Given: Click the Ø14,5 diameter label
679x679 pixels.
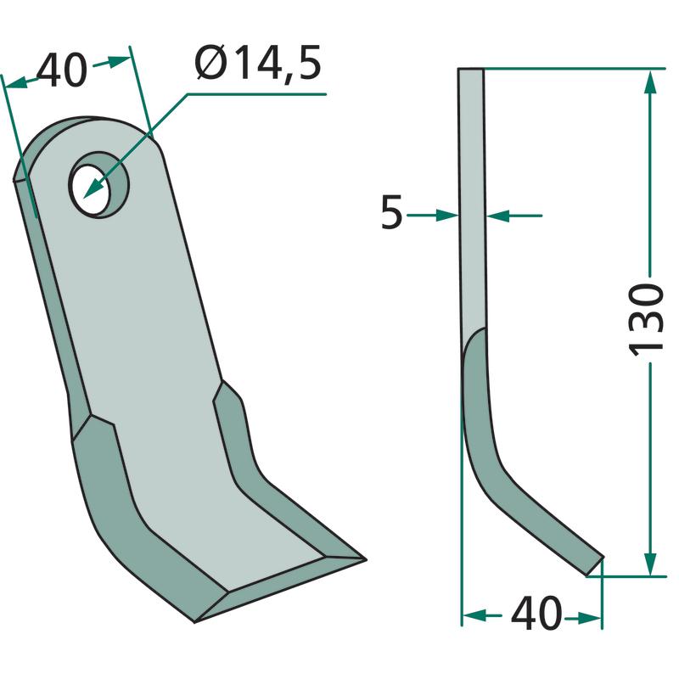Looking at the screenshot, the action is pyautogui.click(x=259, y=64).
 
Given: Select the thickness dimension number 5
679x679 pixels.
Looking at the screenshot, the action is pyautogui.click(x=391, y=212).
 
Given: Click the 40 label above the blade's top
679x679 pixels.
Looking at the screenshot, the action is pyautogui.click(x=62, y=70).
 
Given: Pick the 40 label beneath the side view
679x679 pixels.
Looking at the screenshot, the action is pyautogui.click(x=536, y=614).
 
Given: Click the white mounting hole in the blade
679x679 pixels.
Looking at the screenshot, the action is pyautogui.click(x=93, y=188).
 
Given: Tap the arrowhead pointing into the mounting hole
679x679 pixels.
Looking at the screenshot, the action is pyautogui.click(x=94, y=188).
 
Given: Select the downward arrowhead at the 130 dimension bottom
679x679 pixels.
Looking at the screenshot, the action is pyautogui.click(x=650, y=564).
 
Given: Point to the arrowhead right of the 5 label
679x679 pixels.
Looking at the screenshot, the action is pyautogui.click(x=447, y=215).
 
